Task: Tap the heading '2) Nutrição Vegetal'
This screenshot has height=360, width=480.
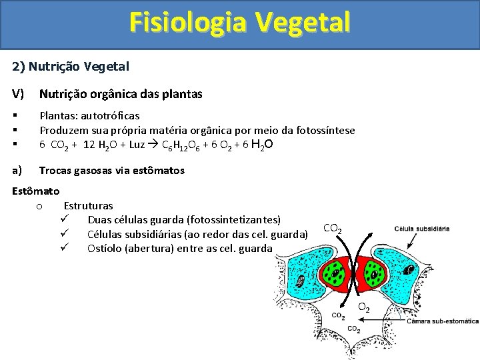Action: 71,66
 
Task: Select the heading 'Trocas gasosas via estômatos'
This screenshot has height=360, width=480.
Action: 111,171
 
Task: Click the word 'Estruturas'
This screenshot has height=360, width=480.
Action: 88,206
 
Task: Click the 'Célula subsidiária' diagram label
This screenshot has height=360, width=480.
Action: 422,229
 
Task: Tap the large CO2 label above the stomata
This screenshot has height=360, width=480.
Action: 333,229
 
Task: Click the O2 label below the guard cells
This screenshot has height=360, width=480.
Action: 364,308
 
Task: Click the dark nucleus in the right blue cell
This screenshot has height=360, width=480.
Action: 409,269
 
